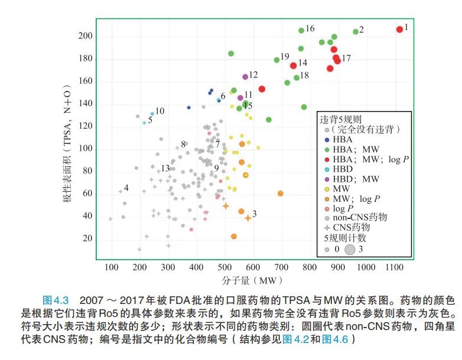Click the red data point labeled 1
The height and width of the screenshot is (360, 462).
[399, 30]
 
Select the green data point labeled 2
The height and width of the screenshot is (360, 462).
[356, 32]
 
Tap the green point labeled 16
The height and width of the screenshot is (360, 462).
[301, 30]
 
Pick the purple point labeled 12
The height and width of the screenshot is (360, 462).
[245, 77]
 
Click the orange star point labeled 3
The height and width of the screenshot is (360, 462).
[248, 218]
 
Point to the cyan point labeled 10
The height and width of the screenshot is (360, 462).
[152, 113]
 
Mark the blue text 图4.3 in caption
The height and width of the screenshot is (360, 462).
[56, 299]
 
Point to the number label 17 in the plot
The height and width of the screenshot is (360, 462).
[346, 58]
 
